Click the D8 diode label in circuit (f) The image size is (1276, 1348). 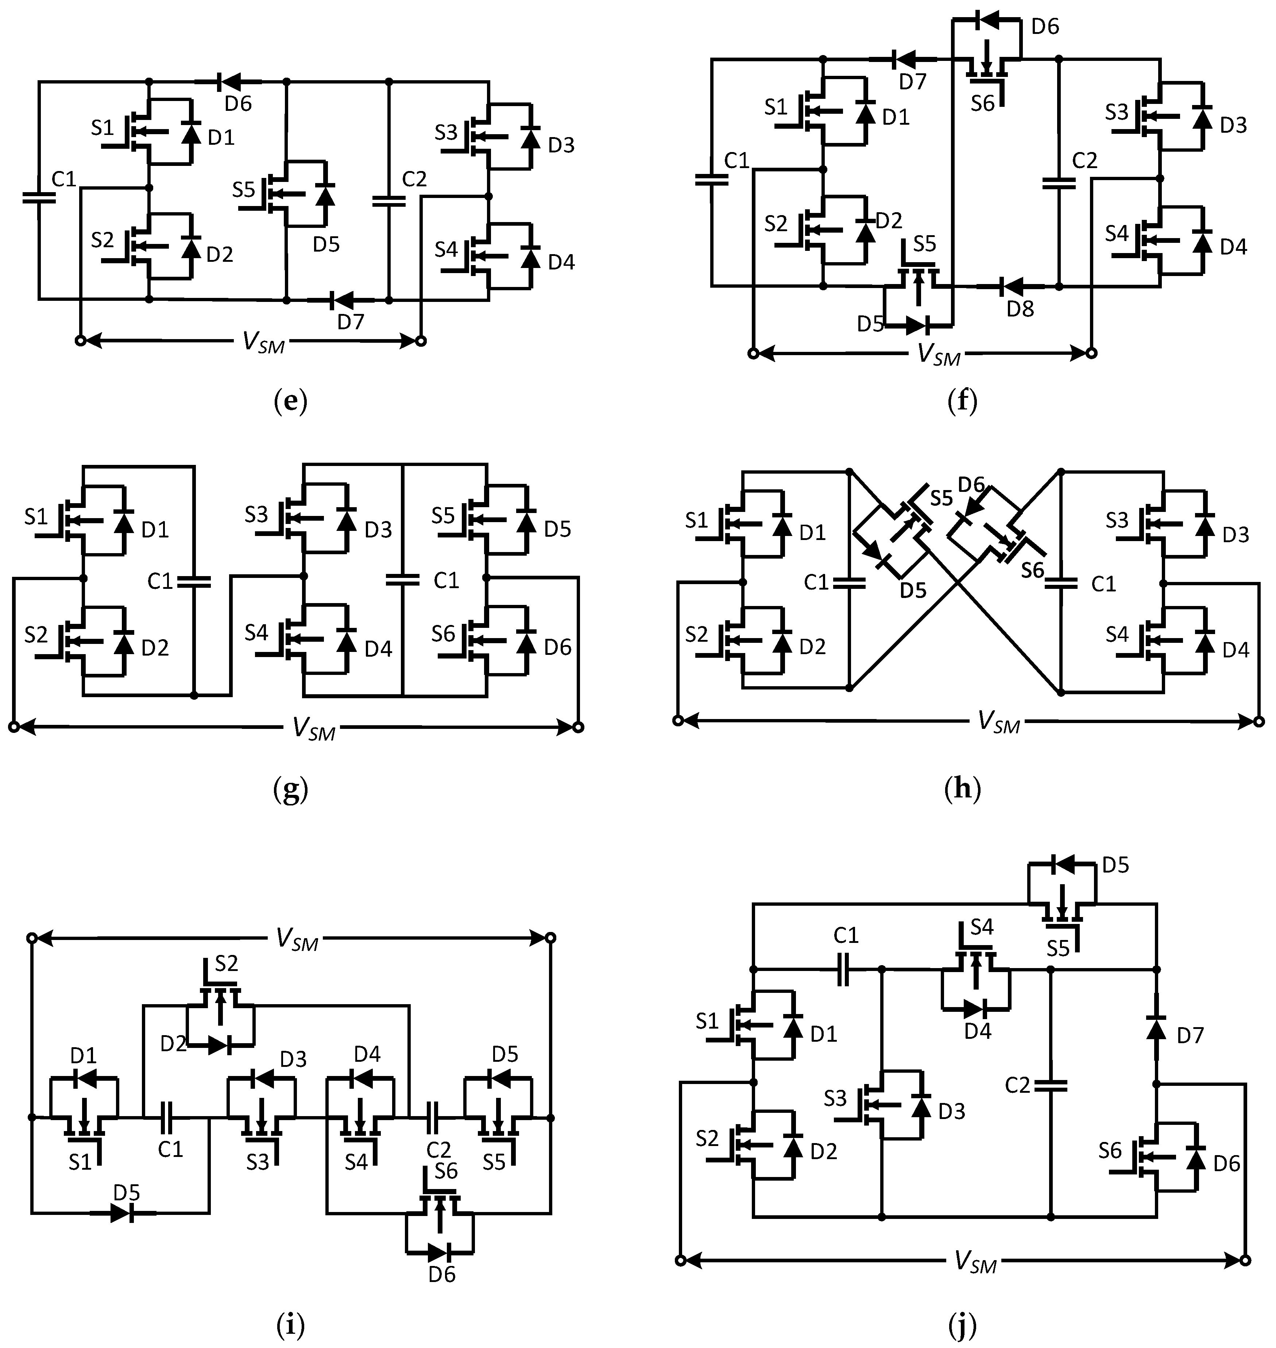click(x=1020, y=309)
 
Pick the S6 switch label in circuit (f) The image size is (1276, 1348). click(x=982, y=103)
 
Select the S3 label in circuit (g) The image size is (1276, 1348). click(x=256, y=514)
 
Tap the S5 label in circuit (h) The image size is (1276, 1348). click(x=941, y=498)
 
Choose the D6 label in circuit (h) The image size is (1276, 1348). click(x=971, y=485)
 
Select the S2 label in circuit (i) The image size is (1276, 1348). click(x=227, y=963)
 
